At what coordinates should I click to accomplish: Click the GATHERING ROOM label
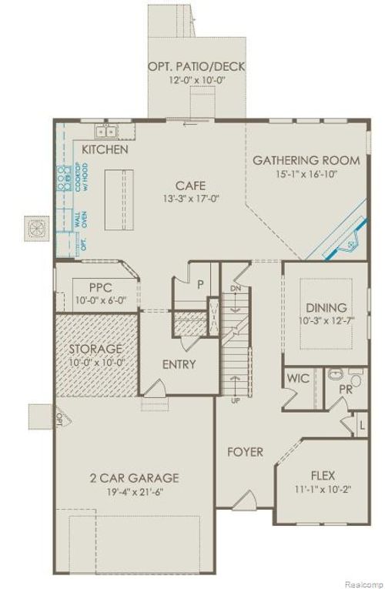point(306,160)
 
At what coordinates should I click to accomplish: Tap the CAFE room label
point(189,186)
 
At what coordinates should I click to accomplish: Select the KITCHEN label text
point(105,149)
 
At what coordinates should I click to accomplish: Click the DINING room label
point(326,307)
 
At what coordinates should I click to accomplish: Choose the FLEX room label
point(323,475)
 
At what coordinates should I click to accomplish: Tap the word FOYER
point(245,452)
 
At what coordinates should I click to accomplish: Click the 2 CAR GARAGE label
point(133,477)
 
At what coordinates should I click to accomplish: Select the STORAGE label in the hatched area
point(95,350)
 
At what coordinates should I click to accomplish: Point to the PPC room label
point(100,288)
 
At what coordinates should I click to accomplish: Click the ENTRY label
point(178,364)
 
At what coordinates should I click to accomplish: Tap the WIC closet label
point(297,379)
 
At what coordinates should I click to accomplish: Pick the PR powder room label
point(346,390)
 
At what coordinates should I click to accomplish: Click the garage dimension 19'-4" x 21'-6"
point(133,491)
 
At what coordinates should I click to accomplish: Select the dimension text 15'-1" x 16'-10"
point(306,174)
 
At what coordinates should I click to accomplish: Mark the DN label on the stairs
point(236,289)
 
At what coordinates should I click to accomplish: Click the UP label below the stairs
point(235,400)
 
